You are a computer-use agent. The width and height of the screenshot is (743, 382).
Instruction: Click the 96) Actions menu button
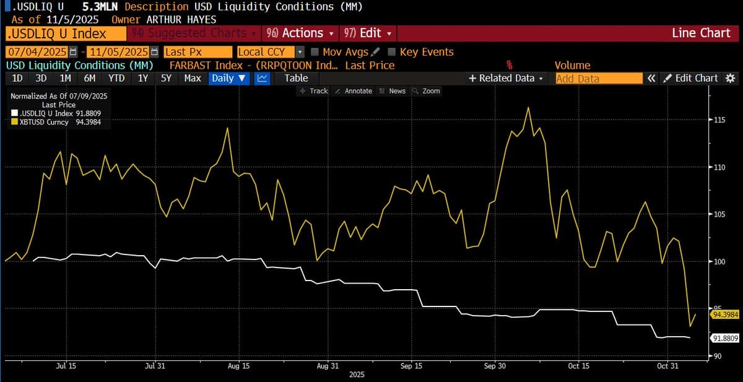(x=298, y=33)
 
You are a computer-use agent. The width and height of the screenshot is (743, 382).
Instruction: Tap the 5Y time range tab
(x=166, y=78)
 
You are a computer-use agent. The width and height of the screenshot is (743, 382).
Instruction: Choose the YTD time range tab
(x=116, y=78)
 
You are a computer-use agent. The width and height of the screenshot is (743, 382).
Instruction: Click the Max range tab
(x=192, y=78)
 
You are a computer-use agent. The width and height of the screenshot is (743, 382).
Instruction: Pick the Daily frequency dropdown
(x=229, y=78)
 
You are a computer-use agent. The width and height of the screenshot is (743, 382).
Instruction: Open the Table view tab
(x=296, y=78)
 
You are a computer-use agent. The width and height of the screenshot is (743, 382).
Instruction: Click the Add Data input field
(x=598, y=79)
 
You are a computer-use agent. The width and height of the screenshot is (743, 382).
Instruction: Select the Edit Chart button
(x=690, y=78)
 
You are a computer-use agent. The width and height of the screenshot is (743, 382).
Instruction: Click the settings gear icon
(x=730, y=78)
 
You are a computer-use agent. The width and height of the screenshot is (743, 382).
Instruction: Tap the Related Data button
(x=506, y=78)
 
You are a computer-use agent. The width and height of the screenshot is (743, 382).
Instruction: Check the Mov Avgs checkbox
(x=315, y=52)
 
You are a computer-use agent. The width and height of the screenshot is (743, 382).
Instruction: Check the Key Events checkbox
(x=392, y=52)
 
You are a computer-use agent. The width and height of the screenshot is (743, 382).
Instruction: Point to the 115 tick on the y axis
(x=719, y=119)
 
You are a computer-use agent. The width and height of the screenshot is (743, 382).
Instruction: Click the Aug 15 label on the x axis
(x=238, y=366)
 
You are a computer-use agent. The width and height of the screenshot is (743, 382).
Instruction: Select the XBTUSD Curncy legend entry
(x=43, y=123)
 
